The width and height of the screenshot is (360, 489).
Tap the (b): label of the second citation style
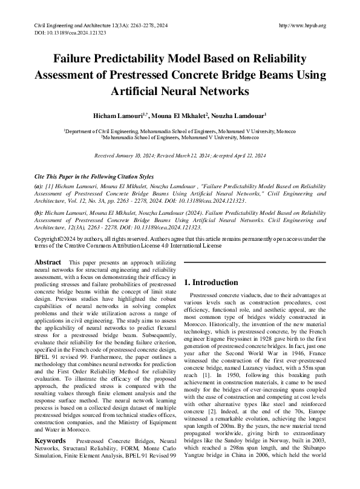click(x=38, y=215)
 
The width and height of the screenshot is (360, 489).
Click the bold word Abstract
click(x=48, y=262)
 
